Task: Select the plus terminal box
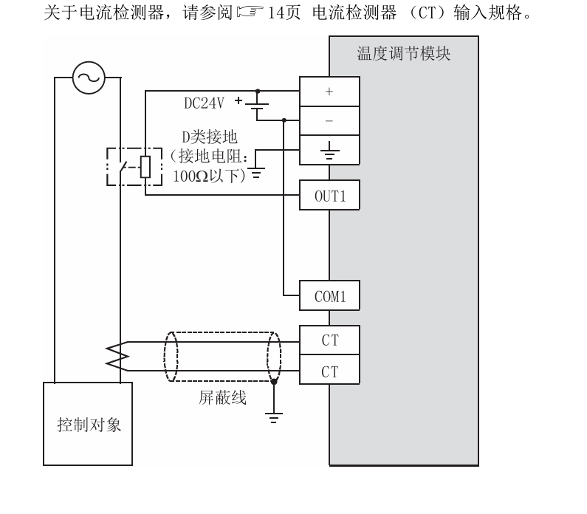(x=329, y=92)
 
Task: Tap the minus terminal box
(x=329, y=120)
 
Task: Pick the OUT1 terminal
(x=329, y=196)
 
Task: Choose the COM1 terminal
(x=329, y=296)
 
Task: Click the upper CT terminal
(x=329, y=341)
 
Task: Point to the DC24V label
(x=204, y=103)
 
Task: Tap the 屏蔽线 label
(x=222, y=398)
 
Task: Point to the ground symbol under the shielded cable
(x=274, y=418)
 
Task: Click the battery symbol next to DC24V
(x=256, y=104)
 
